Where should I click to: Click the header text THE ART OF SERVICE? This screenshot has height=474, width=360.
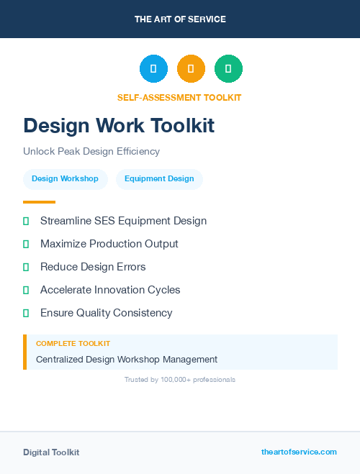(x=180, y=19)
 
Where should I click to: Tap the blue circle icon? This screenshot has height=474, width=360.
(x=153, y=69)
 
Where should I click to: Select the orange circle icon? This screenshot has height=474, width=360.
(x=191, y=69)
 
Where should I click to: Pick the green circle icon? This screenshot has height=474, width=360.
(x=228, y=69)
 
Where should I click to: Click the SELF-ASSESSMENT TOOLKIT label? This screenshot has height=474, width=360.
(x=179, y=98)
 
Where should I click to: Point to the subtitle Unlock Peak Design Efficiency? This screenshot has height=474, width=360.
(x=91, y=152)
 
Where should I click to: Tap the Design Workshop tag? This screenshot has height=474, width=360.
(x=65, y=179)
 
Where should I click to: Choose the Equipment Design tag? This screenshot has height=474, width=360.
(x=159, y=179)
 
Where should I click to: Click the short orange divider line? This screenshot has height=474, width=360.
(x=39, y=202)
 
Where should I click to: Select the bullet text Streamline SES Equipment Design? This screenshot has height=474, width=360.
(x=123, y=221)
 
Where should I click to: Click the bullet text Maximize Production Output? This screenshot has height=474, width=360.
(x=109, y=244)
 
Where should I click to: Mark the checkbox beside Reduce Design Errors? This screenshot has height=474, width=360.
(x=26, y=267)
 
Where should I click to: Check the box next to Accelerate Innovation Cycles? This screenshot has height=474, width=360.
(x=26, y=290)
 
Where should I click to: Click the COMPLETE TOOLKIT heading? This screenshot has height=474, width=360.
(x=73, y=344)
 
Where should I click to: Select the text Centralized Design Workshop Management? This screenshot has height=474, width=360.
(x=127, y=359)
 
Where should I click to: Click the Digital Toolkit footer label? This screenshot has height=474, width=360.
(x=51, y=452)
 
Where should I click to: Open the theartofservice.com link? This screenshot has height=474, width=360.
(x=299, y=452)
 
